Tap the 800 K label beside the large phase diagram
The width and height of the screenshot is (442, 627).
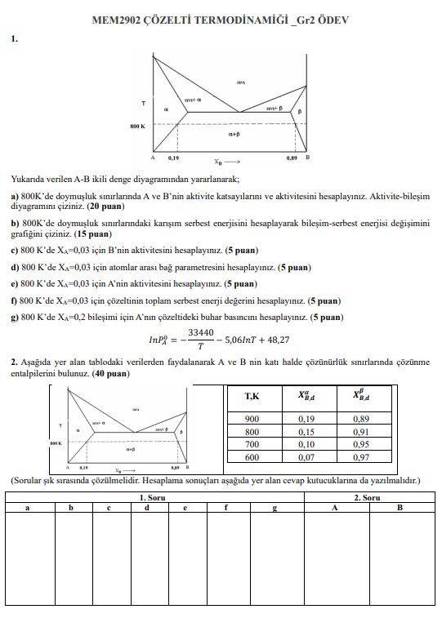click(137, 126)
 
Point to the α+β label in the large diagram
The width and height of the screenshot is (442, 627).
click(234, 134)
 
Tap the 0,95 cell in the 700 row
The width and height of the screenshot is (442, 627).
click(361, 444)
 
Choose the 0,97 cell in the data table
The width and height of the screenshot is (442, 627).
click(361, 457)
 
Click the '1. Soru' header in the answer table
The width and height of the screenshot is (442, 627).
click(154, 496)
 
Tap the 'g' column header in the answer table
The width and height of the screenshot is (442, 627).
click(275, 507)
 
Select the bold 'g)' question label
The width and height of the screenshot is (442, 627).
click(15, 317)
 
